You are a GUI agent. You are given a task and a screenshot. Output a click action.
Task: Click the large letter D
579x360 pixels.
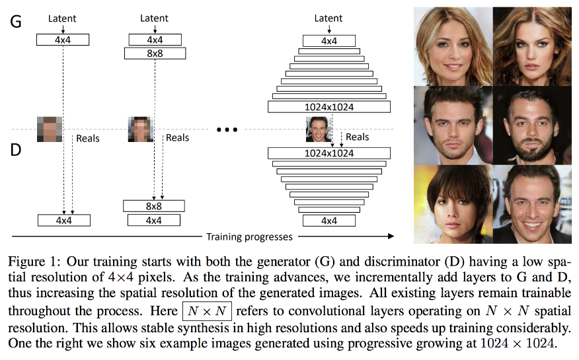(x=16, y=150)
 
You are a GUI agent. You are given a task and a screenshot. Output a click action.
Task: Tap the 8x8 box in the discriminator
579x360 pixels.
(x=154, y=206)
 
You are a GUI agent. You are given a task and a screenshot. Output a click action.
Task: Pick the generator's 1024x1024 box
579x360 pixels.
(x=328, y=106)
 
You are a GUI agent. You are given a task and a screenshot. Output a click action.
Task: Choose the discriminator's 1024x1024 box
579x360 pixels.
(x=328, y=153)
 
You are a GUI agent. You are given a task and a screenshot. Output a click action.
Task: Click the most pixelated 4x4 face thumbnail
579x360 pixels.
(x=50, y=128)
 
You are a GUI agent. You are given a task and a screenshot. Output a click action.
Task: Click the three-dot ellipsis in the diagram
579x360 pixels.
(x=227, y=129)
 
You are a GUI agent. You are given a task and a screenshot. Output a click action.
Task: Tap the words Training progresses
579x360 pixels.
(x=249, y=236)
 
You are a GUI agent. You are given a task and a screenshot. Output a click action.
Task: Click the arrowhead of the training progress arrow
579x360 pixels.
(x=391, y=236)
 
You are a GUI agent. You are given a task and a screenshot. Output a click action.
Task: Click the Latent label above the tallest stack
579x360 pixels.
(x=328, y=18)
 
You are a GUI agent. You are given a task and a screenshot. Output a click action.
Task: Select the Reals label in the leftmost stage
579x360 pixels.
(x=88, y=138)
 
